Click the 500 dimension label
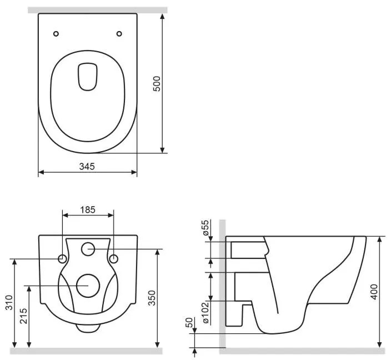[157, 83]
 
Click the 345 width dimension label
[87, 166]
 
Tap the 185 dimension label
[88, 209]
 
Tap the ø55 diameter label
[204, 229]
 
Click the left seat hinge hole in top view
[56, 34]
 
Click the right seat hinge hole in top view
[119, 34]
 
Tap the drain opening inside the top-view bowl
[88, 77]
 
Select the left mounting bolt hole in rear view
[62, 259]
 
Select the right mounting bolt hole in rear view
[113, 259]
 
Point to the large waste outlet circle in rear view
[88, 285]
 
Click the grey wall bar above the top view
[97, 9]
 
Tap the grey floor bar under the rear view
[86, 351]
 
